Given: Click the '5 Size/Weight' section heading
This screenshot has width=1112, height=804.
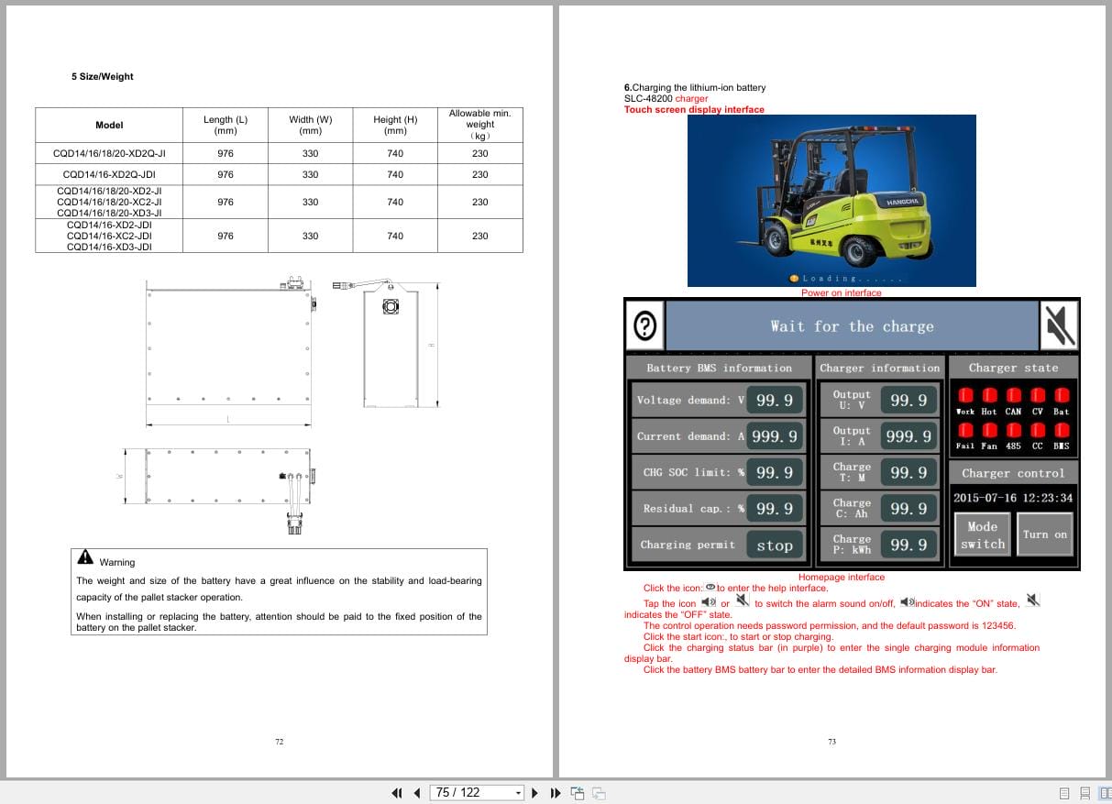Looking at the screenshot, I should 102,77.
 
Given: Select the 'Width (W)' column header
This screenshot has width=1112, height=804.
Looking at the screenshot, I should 310,125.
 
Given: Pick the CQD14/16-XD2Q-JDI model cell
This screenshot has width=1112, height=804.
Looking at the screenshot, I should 109,174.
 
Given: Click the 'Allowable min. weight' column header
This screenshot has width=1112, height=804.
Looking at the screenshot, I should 479,125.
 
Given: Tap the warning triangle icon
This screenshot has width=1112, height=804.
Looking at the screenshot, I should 85,557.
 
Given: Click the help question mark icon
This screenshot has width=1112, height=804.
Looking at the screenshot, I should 645,325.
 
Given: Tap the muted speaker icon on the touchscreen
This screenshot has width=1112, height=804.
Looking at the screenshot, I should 1059,325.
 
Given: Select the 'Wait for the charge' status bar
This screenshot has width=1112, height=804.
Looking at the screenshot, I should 852,326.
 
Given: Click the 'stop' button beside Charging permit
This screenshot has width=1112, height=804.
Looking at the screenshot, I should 774,545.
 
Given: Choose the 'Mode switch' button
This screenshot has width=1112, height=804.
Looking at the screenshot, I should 982,535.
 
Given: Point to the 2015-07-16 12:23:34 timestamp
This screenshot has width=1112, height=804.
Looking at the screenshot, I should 1012,498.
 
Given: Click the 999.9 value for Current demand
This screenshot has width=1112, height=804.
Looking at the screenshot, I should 775,436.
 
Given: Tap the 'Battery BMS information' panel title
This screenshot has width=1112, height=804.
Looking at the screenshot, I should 719,369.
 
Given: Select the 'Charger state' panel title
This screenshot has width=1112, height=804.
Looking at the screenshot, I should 1013,369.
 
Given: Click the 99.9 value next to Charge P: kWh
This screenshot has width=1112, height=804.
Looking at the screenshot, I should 908,545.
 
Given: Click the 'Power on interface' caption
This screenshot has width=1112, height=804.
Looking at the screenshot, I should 841,293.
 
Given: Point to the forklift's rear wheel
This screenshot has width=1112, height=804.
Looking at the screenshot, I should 859,250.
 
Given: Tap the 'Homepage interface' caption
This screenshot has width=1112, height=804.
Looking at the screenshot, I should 841,578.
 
